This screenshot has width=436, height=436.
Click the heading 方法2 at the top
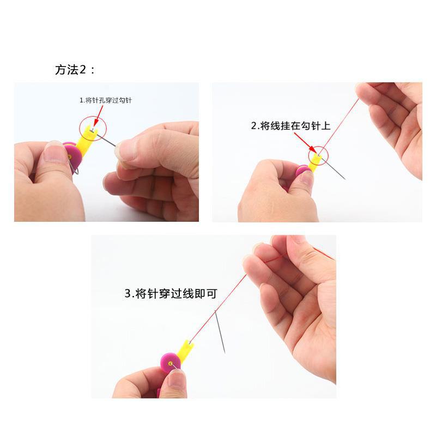pyautogui.click(x=75, y=70)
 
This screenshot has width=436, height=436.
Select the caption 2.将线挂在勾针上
pyautogui.click(x=290, y=126)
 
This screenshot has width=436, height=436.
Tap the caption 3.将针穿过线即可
pyautogui.click(x=171, y=294)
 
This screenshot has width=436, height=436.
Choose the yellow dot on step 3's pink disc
pyautogui.click(x=171, y=362)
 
